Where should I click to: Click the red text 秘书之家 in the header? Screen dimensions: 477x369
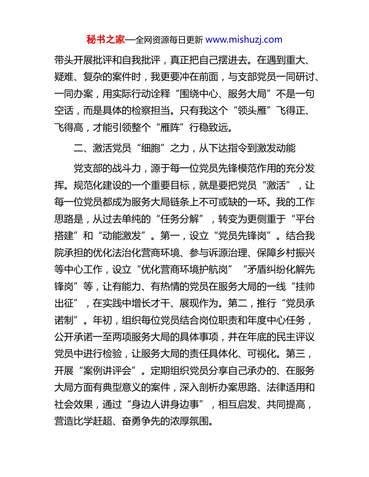point(105,40)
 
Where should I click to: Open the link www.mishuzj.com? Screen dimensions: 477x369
point(244,40)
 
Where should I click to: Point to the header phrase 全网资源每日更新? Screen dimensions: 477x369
point(169,40)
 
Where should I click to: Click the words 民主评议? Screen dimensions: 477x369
point(295,337)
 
